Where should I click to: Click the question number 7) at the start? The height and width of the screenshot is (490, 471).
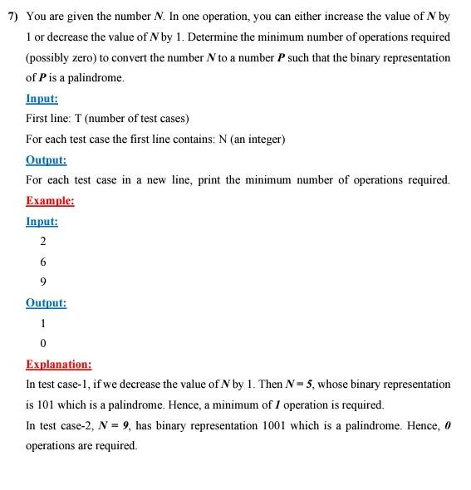13,17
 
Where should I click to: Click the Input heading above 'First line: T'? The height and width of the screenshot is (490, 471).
42,98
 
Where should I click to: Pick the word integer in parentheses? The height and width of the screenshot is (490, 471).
261,139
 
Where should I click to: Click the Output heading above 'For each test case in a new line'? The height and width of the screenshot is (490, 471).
46,159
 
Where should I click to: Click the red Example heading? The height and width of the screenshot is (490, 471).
50,200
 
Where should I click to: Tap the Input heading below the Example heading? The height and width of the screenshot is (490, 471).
42,221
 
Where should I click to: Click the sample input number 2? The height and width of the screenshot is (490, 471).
42,241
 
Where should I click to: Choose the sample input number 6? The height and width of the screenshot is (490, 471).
42,262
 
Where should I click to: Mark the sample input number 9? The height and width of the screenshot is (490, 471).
42,282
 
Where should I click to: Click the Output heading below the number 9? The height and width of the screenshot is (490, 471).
46,303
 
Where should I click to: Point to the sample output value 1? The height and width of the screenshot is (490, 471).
42,323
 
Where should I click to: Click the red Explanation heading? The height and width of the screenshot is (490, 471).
58,364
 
